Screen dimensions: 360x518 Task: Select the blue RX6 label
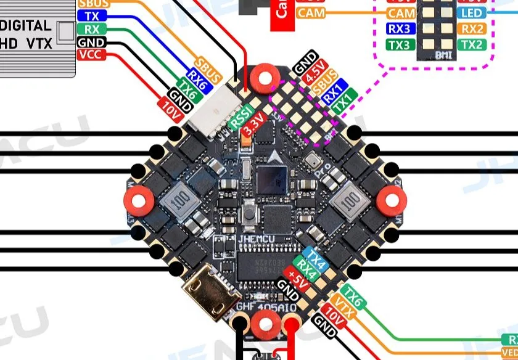[199, 77]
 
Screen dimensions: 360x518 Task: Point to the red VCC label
[92, 54]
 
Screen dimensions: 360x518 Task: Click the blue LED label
[472, 13]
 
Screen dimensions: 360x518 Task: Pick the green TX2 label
[472, 44]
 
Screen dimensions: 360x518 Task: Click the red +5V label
[298, 277]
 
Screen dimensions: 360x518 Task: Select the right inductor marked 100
[346, 200]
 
